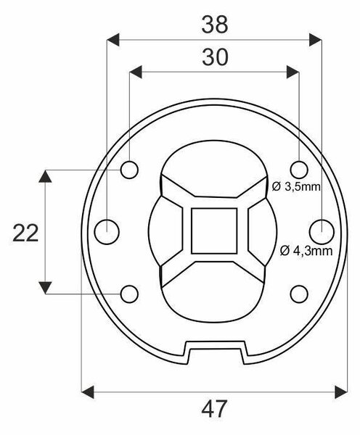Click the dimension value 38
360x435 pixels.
pyautogui.click(x=214, y=25)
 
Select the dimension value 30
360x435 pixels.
pyautogui.click(x=215, y=57)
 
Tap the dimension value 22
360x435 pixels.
pyautogui.click(x=25, y=233)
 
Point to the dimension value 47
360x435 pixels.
pyautogui.click(x=214, y=409)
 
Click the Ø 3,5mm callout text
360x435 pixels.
pyautogui.click(x=296, y=187)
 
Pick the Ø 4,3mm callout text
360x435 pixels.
pyautogui.click(x=306, y=251)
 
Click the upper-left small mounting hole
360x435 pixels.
pyautogui.click(x=129, y=170)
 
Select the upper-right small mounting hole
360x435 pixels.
pyautogui.click(x=299, y=170)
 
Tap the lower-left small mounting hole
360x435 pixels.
pyautogui.click(x=129, y=294)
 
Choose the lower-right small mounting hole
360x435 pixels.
pyautogui.click(x=299, y=294)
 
